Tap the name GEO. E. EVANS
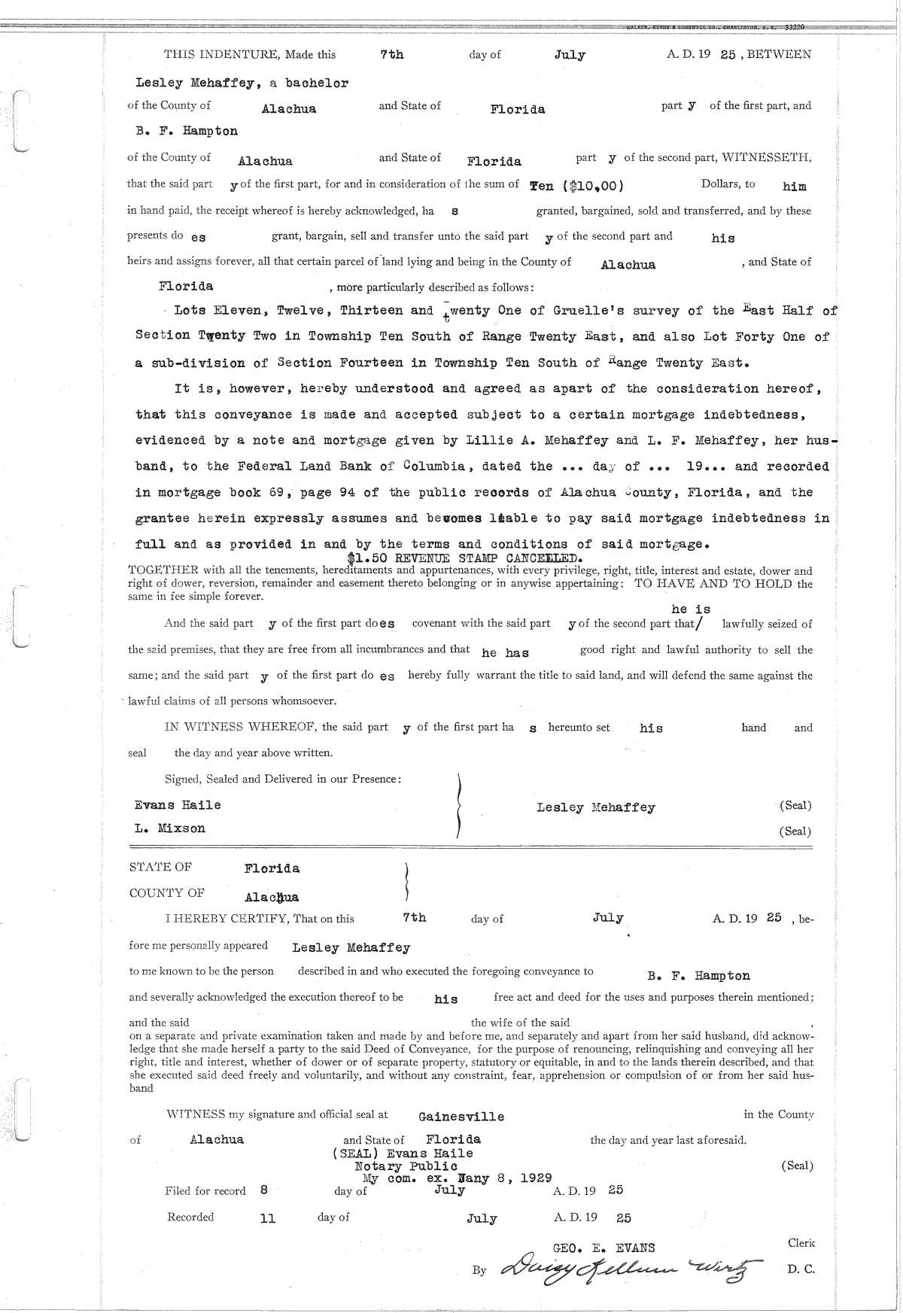tap(604, 1248)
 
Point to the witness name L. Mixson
tap(170, 828)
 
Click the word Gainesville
tap(461, 1117)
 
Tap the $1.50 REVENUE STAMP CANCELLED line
tap(464, 558)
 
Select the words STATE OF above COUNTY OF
tap(160, 867)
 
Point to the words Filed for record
tap(205, 1191)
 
